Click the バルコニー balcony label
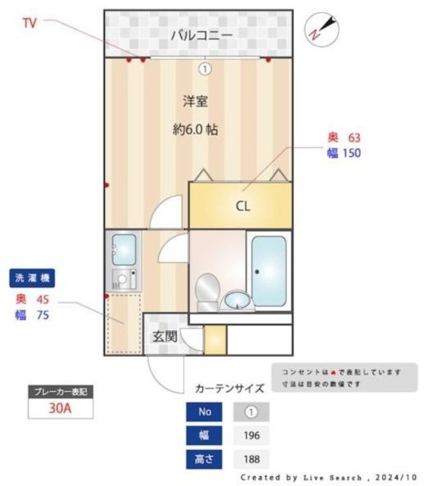pyautogui.click(x=201, y=35)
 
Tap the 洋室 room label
pyautogui.click(x=195, y=101)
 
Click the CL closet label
pyautogui.click(x=242, y=206)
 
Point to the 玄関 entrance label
pyautogui.click(x=164, y=336)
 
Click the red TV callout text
pyautogui.click(x=29, y=24)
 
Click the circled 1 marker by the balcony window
pyautogui.click(x=204, y=69)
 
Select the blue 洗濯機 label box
pyautogui.click(x=33, y=278)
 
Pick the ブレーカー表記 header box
pyautogui.click(x=60, y=392)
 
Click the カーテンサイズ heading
pyautogui.click(x=229, y=388)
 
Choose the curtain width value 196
pyautogui.click(x=252, y=436)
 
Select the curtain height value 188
pyautogui.click(x=252, y=459)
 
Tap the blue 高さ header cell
pyautogui.click(x=204, y=459)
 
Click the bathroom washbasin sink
pyautogui.click(x=239, y=301)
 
